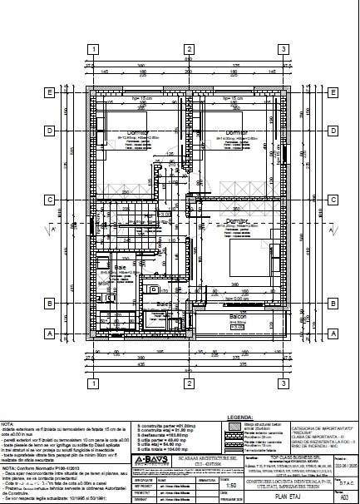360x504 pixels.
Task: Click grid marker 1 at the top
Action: (96, 48)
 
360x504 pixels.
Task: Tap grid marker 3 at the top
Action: (284, 48)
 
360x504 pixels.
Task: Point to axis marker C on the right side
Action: (332, 200)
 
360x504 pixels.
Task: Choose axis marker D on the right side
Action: (332, 131)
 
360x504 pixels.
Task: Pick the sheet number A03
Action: (346, 495)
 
